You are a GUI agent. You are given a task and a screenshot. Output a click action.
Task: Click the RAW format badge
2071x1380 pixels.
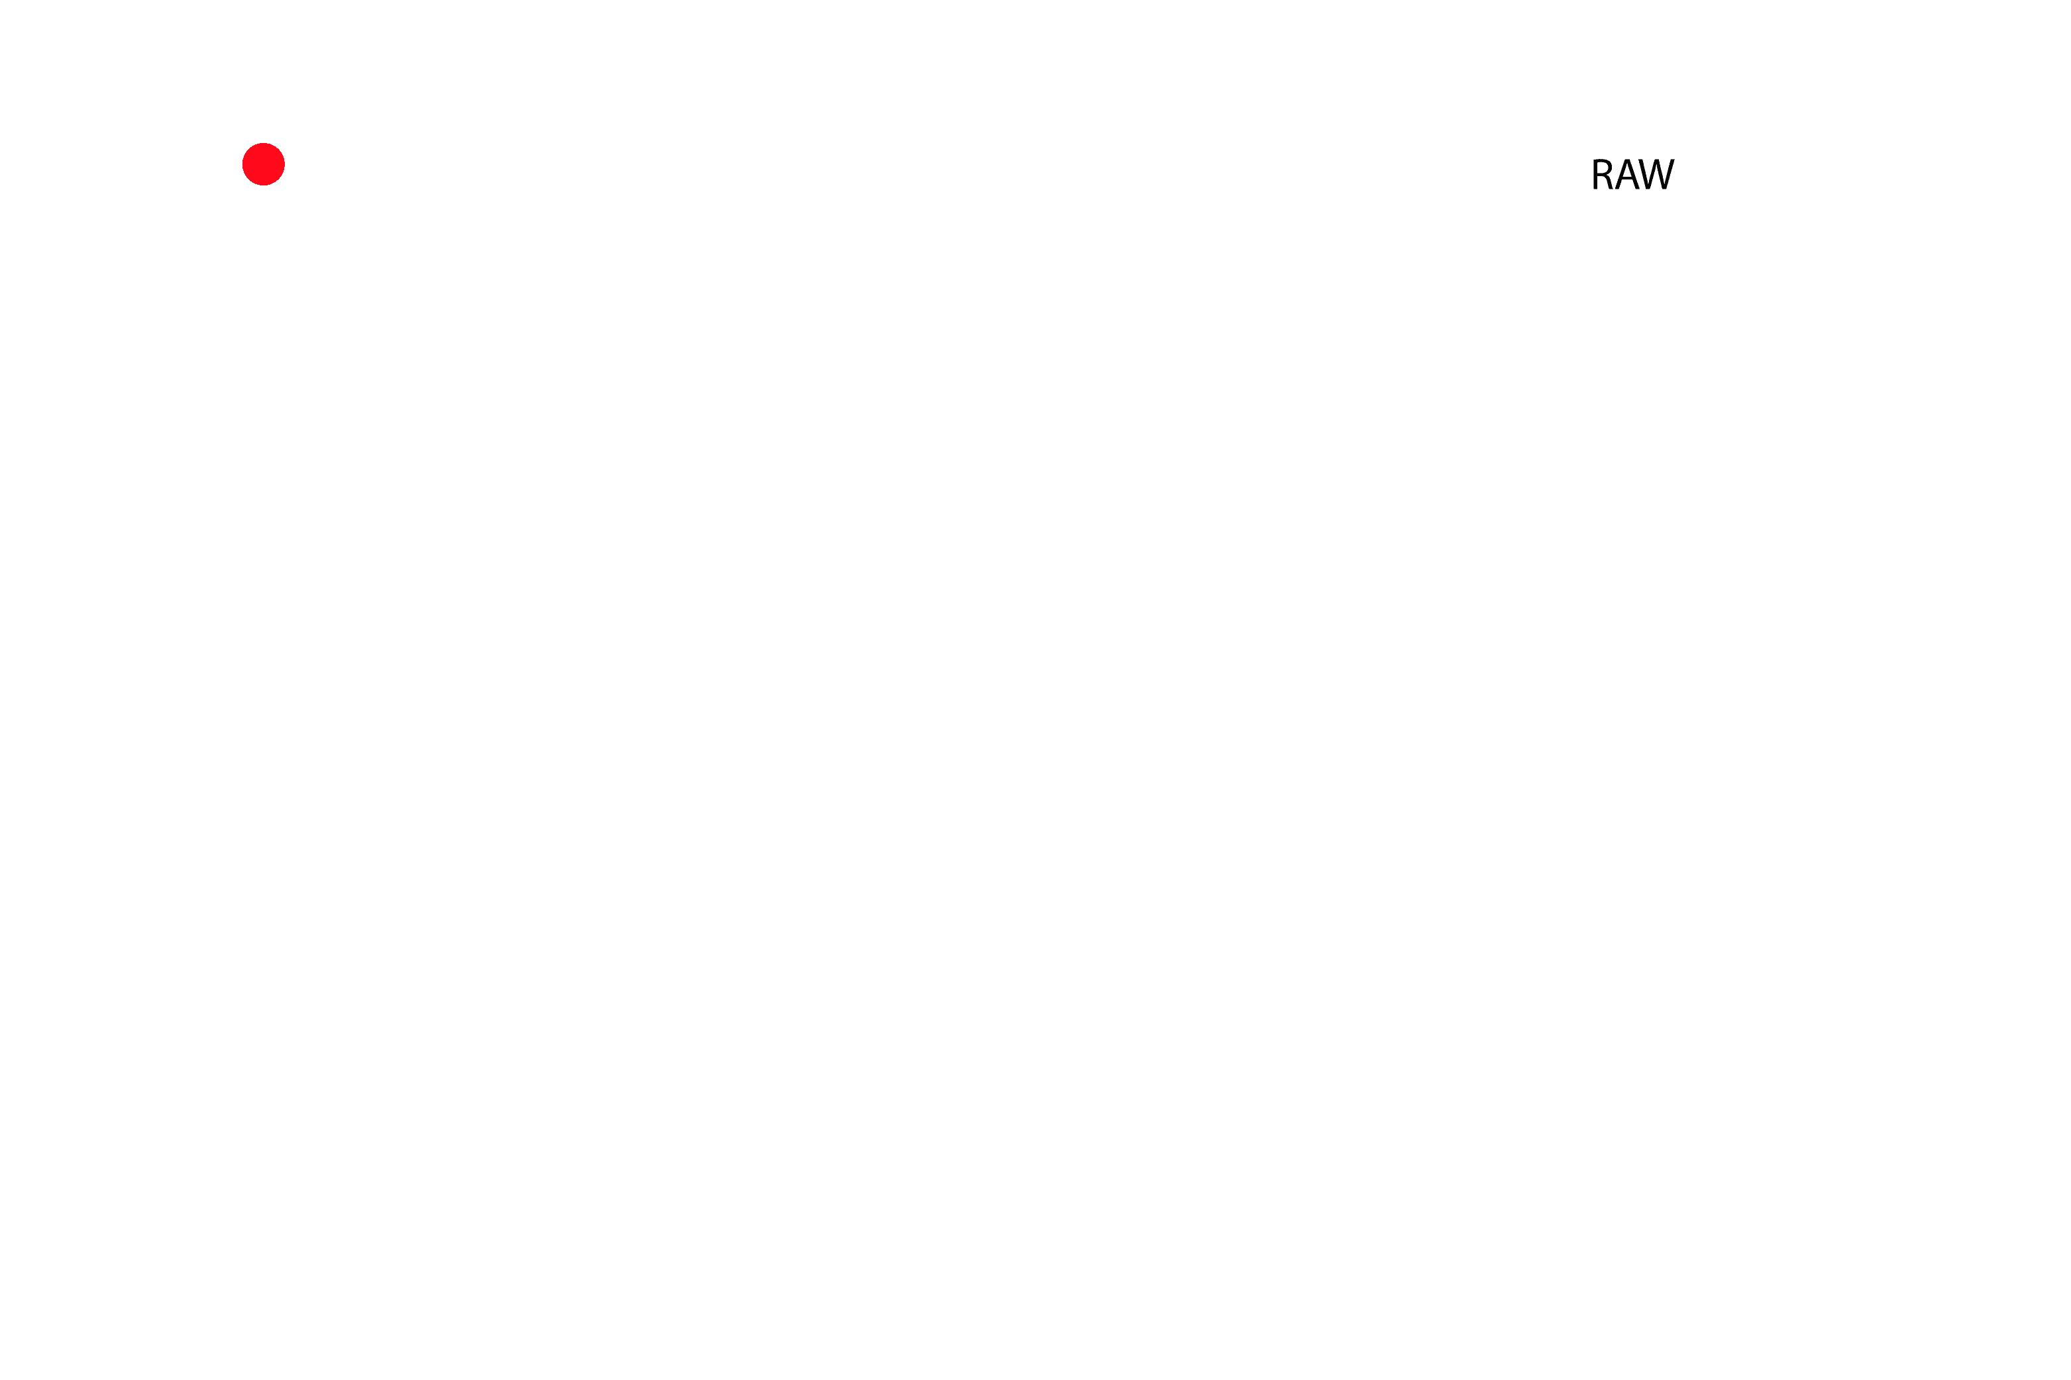[1632, 172]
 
